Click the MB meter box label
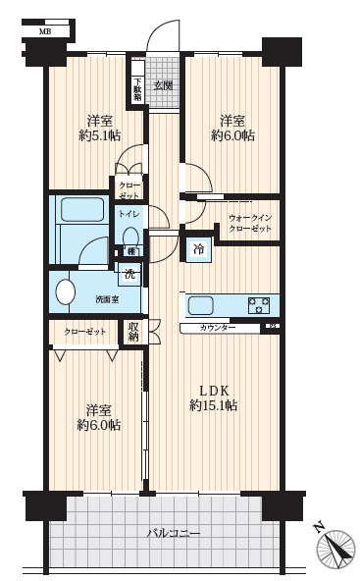(45, 31)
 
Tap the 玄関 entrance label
(163, 86)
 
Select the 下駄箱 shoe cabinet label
(137, 89)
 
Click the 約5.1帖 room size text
(100, 136)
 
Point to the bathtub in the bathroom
(82, 209)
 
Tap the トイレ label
(129, 214)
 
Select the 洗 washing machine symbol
(129, 274)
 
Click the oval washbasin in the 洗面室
(66, 292)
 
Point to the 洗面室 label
(107, 299)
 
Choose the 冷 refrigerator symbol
(199, 249)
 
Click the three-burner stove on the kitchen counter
(259, 305)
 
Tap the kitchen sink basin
(201, 306)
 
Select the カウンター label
(218, 328)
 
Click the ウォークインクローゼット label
(250, 224)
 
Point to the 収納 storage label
(133, 332)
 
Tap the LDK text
(214, 391)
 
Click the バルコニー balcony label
(174, 533)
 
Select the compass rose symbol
(335, 550)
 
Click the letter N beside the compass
(318, 527)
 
